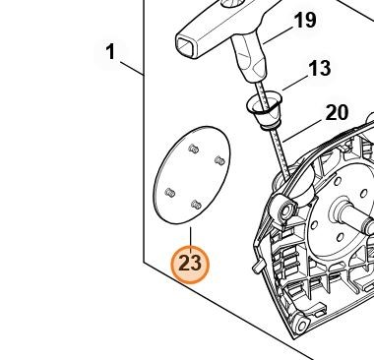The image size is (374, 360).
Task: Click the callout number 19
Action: (305, 21)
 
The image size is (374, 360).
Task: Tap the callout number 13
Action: (319, 68)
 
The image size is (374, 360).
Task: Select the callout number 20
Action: (337, 113)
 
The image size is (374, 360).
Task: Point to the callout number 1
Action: (111, 52)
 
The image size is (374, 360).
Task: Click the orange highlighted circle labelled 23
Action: (190, 264)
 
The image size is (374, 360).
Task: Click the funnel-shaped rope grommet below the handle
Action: (264, 108)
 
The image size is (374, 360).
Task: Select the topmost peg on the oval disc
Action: (194, 149)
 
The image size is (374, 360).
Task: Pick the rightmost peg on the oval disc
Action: (219, 160)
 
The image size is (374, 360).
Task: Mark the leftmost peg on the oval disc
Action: (170, 193)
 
